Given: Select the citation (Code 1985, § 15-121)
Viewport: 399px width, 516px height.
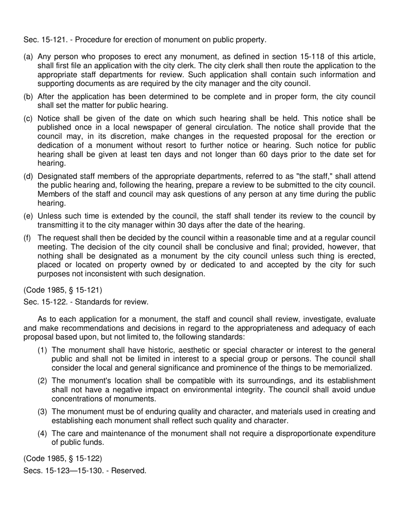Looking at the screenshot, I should pyautogui.click(x=63, y=290).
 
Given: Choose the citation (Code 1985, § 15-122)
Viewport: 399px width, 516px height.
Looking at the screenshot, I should pyautogui.click(x=63, y=458).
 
